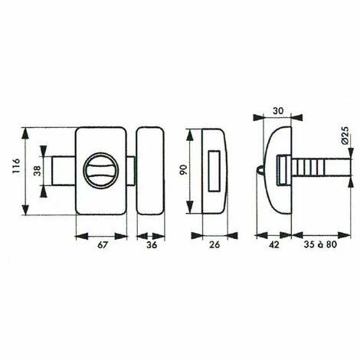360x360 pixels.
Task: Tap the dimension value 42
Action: pos(273,247)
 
